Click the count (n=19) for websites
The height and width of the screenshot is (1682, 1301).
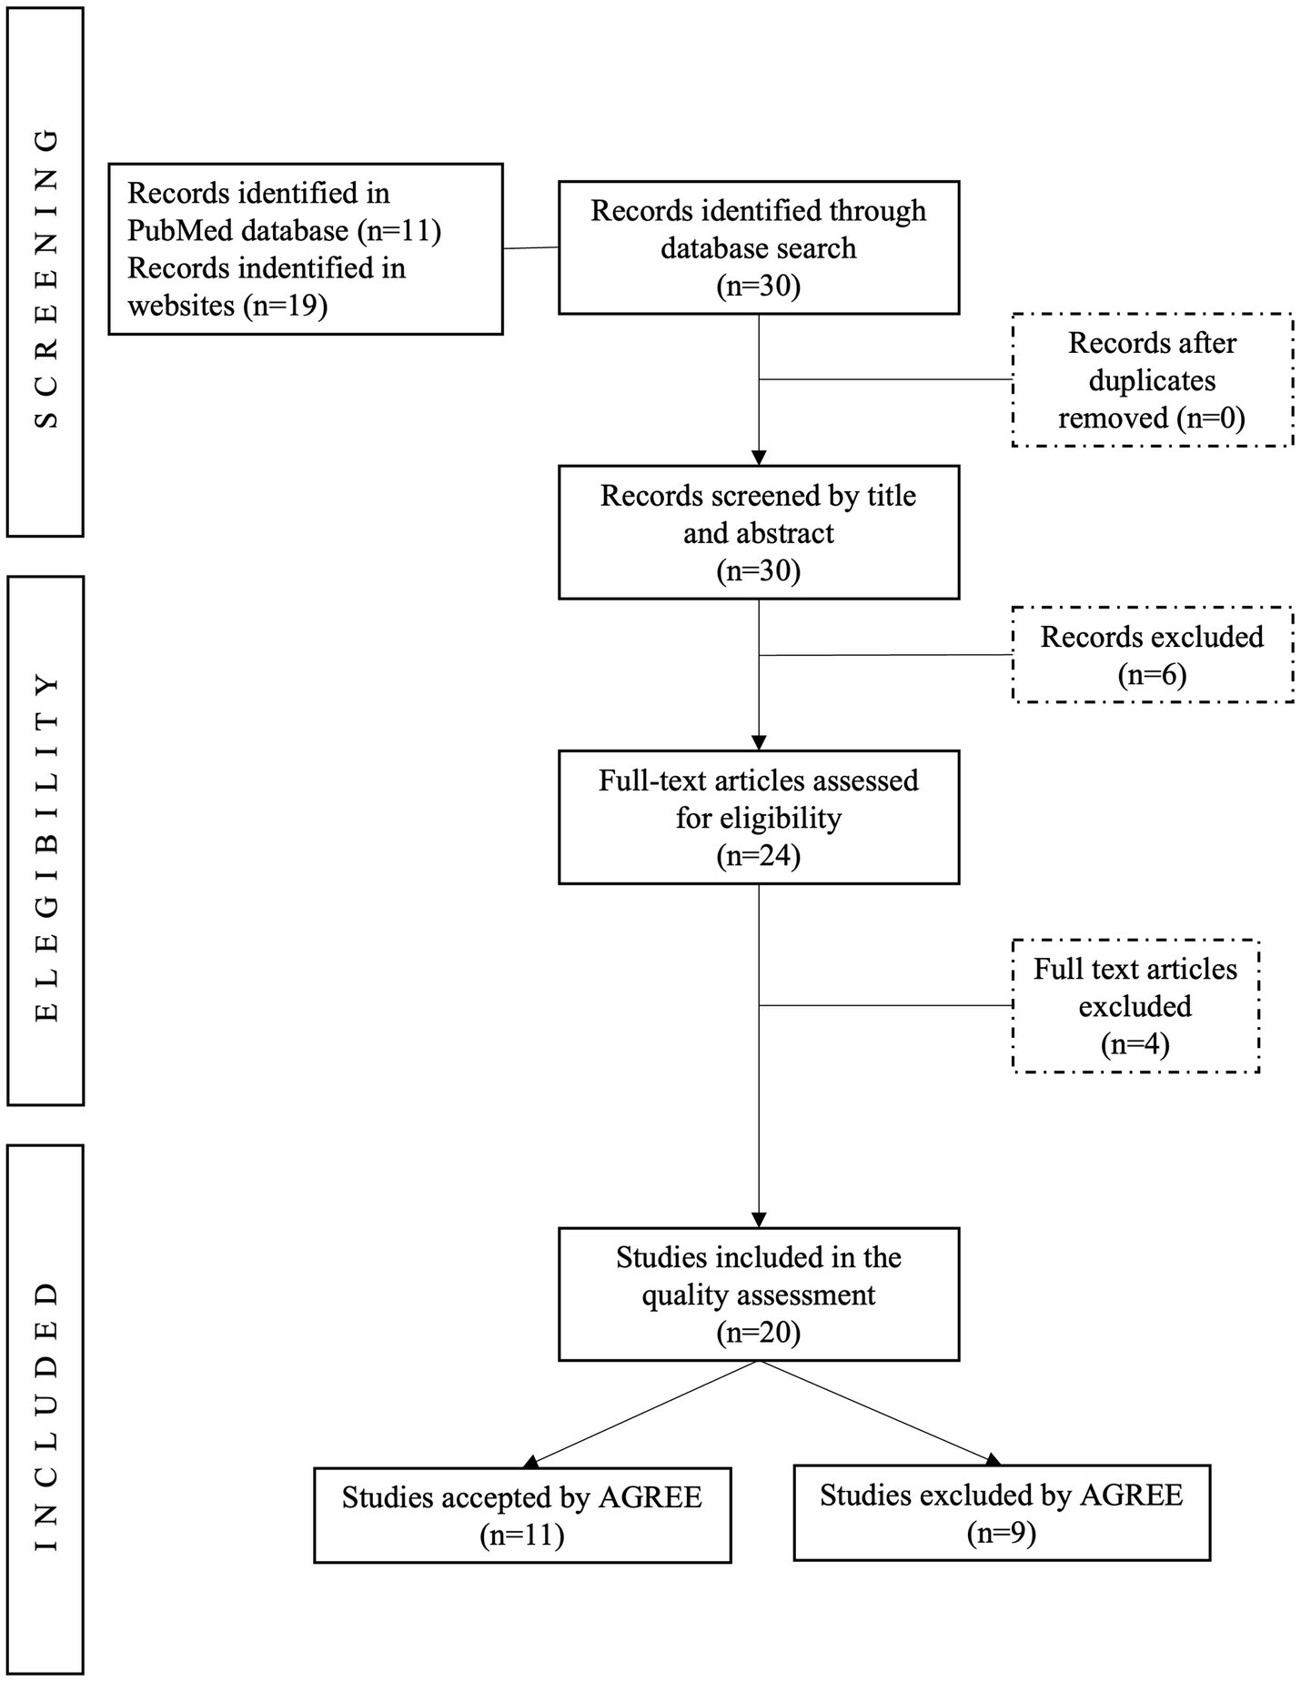click(x=285, y=306)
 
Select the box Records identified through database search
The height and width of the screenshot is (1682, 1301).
click(x=758, y=247)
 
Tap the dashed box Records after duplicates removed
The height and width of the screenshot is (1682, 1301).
click(x=1152, y=380)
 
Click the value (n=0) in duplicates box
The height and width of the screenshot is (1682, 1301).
click(x=1210, y=418)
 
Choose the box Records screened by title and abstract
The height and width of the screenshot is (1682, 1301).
click(x=758, y=532)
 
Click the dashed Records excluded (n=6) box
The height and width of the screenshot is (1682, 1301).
click(x=1152, y=655)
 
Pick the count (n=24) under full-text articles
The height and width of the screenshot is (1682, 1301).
click(x=758, y=856)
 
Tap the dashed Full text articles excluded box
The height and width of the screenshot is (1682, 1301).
click(x=1135, y=1006)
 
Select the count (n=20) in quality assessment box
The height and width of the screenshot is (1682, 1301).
click(x=758, y=1333)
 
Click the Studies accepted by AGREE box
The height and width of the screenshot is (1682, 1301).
click(x=522, y=1516)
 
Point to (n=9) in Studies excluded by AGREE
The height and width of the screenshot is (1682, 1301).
click(x=1002, y=1534)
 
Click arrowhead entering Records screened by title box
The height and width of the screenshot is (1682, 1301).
click(x=759, y=458)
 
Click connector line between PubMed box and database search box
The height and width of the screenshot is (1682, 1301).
click(x=530, y=247)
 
